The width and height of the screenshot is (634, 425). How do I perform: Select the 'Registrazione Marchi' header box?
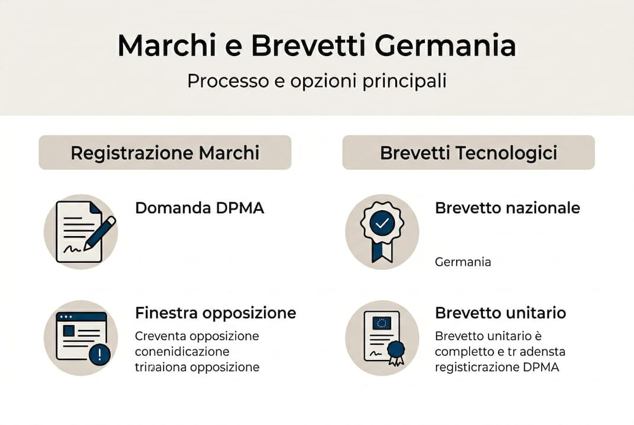[x=165, y=153]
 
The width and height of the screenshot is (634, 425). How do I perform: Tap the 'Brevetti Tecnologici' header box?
[x=469, y=153]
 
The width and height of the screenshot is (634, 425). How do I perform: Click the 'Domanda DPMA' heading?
[x=200, y=208]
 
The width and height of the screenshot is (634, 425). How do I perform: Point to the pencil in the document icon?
[x=100, y=232]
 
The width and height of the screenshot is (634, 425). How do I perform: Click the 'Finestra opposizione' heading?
[x=216, y=312]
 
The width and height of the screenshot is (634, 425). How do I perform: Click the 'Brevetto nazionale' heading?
[x=508, y=208]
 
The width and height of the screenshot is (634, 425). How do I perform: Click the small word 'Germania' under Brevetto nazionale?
[x=463, y=261]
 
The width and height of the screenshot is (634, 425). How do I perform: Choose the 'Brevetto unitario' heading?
[x=500, y=312]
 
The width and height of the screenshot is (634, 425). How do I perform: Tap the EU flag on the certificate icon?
[x=382, y=322]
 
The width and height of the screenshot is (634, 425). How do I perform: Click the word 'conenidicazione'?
[x=182, y=352]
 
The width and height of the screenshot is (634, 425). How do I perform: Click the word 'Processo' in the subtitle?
[x=220, y=81]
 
